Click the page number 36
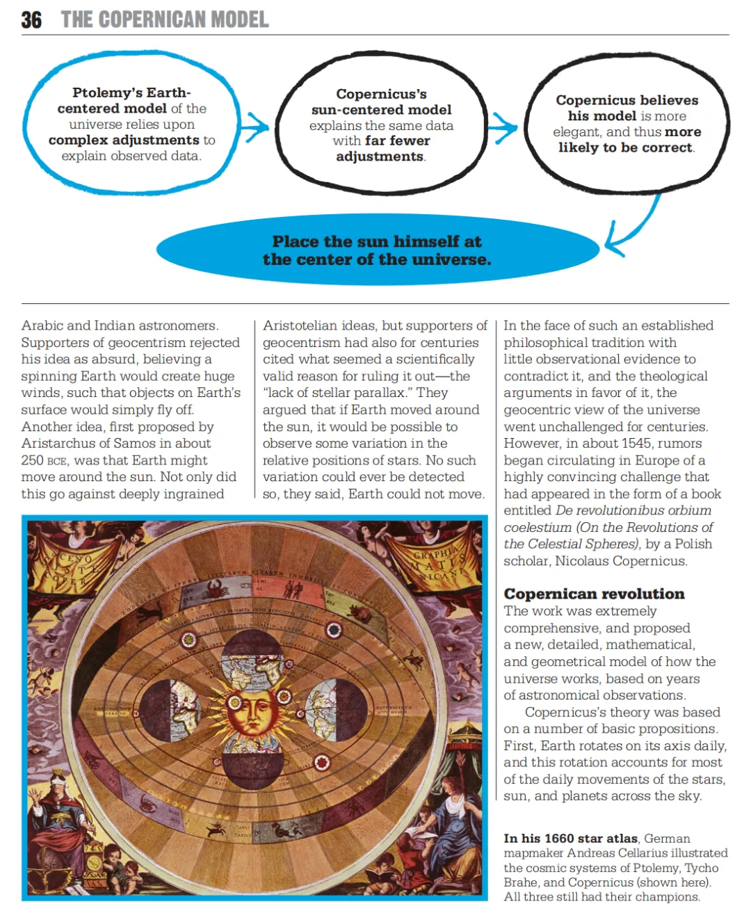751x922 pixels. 31,19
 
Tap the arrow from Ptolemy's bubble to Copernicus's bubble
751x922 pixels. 255,127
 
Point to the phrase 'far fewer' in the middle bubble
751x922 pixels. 397,141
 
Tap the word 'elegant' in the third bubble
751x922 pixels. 576,132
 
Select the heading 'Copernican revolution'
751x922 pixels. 594,594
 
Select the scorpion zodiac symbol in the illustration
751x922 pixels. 147,804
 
